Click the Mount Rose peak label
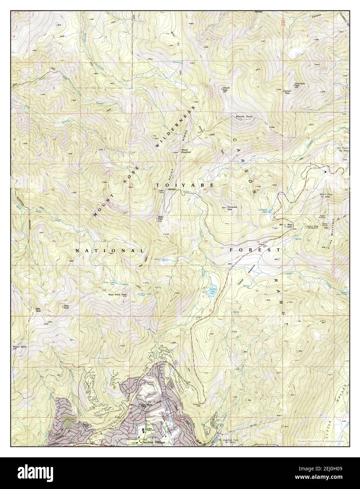pyautogui.click(x=240, y=116)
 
